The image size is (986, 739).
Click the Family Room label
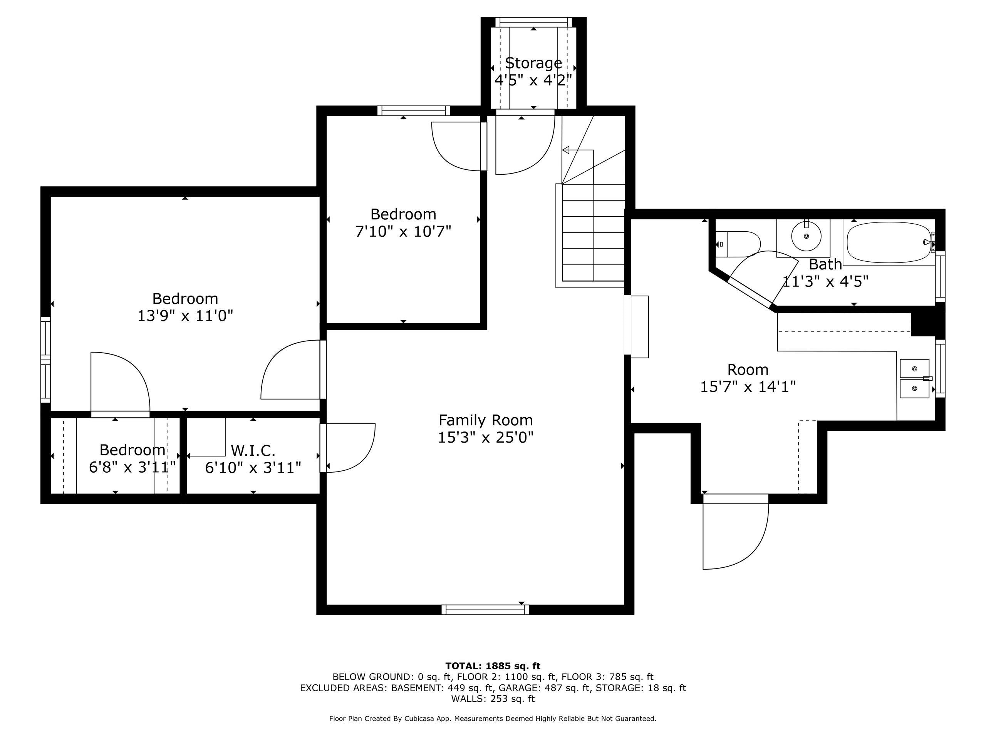pyautogui.click(x=485, y=420)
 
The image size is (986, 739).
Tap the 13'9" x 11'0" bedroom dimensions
pyautogui.click(x=185, y=316)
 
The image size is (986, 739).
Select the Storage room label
pyautogui.click(x=533, y=63)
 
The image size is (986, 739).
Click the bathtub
pyautogui.click(x=890, y=243)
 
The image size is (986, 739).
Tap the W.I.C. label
pyautogui.click(x=253, y=450)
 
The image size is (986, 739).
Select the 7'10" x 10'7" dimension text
pyautogui.click(x=403, y=232)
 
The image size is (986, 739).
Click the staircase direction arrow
pyautogui.click(x=567, y=150)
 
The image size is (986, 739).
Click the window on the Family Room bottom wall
pyautogui.click(x=485, y=609)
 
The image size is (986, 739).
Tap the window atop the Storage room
pyautogui.click(x=533, y=22)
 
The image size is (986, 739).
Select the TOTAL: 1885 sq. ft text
pyautogui.click(x=493, y=666)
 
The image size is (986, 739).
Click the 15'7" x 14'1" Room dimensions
pyautogui.click(x=748, y=386)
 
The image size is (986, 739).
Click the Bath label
pyautogui.click(x=825, y=264)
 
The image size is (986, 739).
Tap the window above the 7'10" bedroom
pyautogui.click(x=413, y=110)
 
